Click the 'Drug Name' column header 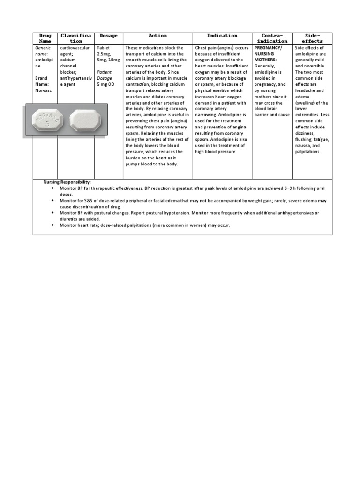(x=45, y=38)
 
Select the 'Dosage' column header (x=108, y=36)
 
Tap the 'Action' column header (x=157, y=36)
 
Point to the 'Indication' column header (x=222, y=36)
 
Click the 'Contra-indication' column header (x=272, y=38)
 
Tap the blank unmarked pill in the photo (x=85, y=120)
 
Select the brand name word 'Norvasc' (x=44, y=90)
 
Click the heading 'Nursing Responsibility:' (x=67, y=182)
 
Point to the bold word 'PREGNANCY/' (x=268, y=48)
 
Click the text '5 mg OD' (x=105, y=84)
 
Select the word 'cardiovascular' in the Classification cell (x=75, y=48)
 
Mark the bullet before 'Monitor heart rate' (x=52, y=225)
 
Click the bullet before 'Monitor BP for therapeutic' (x=52, y=188)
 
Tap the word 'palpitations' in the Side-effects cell (x=307, y=151)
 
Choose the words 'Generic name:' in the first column (x=42, y=51)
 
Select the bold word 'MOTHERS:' (x=265, y=60)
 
